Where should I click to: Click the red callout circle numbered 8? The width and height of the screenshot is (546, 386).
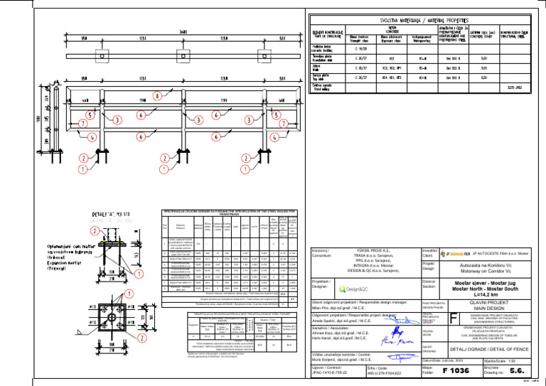coord(157,96)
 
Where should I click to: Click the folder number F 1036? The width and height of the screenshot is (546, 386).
coord(454,370)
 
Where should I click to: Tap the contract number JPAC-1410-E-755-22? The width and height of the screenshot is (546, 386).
coord(337,371)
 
